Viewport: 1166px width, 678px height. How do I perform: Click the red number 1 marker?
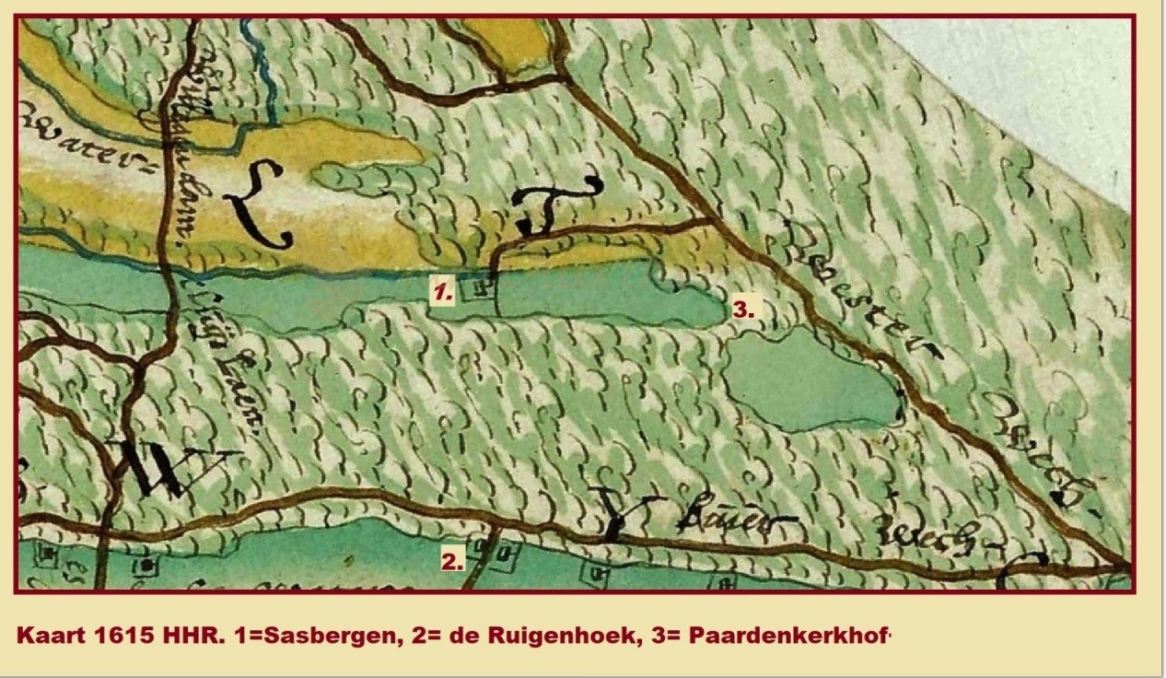click(x=444, y=293)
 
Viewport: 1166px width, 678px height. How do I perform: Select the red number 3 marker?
click(x=743, y=310)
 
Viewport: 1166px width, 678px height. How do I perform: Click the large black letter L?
click(x=261, y=202)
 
